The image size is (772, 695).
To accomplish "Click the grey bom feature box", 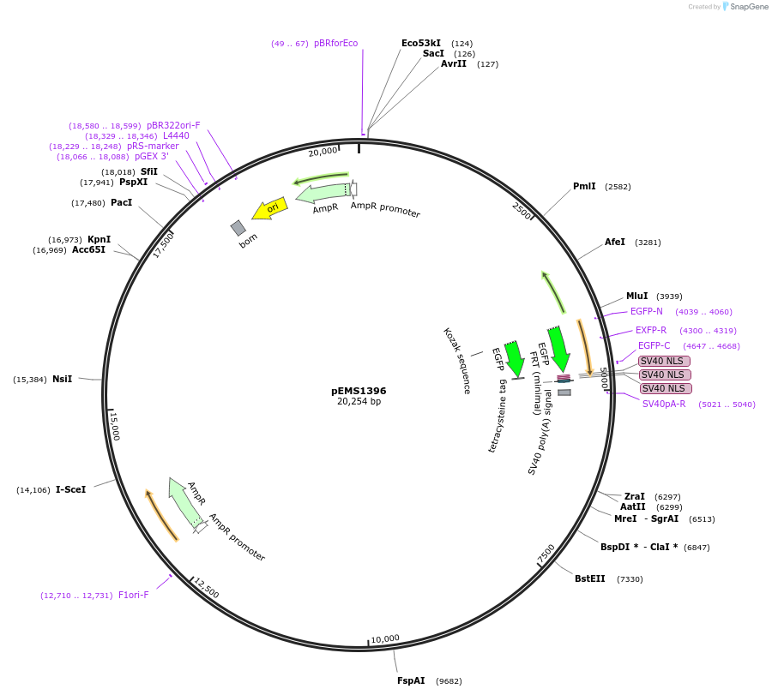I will (x=238, y=228).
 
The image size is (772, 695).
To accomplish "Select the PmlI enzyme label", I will (x=584, y=187).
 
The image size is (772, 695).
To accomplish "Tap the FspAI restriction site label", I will (x=411, y=681).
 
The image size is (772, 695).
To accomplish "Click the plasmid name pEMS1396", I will (x=359, y=391).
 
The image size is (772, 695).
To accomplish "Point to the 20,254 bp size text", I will (x=359, y=402).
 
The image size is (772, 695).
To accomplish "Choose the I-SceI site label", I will (x=71, y=490).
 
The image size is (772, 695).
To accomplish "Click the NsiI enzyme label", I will (x=62, y=379).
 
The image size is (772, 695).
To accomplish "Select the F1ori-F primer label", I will (x=133, y=595).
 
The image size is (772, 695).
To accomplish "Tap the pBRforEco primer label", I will (x=335, y=43).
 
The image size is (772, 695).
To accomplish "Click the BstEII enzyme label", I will (x=589, y=578).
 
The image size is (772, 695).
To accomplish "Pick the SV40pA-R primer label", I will (x=664, y=404).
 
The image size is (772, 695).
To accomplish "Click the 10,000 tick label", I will (x=385, y=638).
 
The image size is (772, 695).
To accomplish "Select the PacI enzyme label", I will (x=121, y=202).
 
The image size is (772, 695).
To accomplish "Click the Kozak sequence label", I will (x=457, y=361).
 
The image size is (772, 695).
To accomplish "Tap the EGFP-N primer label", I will (x=646, y=312).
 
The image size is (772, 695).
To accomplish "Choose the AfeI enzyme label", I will (x=615, y=243).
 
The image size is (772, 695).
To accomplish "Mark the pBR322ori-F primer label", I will (x=173, y=125).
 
